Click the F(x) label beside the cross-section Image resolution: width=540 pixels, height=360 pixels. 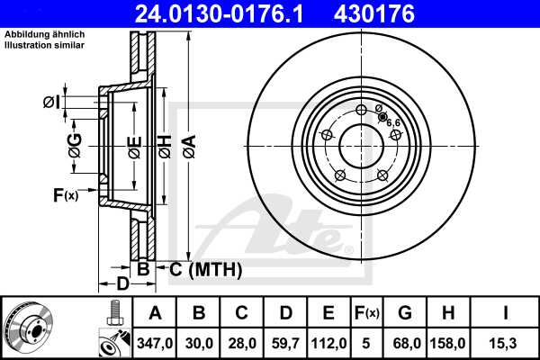[66, 194]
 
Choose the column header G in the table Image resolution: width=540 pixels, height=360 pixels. [405, 313]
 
